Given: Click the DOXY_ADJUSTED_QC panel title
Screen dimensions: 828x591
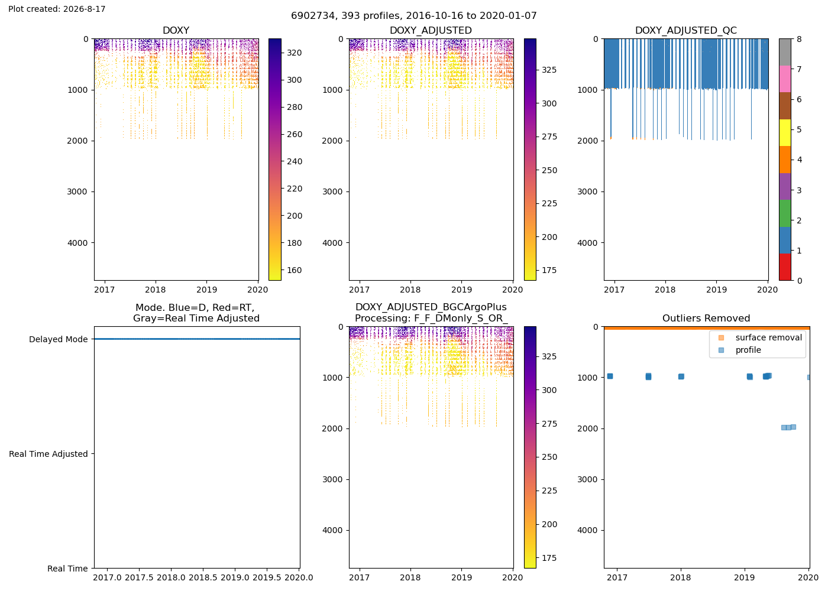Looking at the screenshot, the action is tap(685, 30).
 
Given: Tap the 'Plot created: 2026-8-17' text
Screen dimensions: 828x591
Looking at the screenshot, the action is tap(57, 9).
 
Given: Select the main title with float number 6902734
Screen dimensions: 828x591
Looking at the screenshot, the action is tap(413, 15).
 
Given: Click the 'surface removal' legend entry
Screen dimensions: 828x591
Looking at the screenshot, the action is tap(768, 337).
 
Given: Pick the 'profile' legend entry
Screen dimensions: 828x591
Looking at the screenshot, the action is tap(748, 350).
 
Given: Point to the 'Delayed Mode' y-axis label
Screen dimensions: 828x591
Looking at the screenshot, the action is tap(59, 339).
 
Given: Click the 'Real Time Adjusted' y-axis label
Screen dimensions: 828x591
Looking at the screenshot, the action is tap(48, 454).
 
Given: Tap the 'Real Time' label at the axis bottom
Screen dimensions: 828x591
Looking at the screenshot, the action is tap(67, 568).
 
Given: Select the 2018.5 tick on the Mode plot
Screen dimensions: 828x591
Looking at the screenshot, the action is tap(203, 577).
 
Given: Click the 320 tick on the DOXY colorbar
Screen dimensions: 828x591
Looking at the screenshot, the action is tap(295, 53).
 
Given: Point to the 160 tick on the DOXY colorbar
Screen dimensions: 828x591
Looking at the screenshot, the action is tap(295, 270).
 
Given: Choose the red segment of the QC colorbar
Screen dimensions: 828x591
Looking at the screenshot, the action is tap(785, 267).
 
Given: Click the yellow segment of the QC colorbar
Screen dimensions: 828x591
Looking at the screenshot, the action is tap(785, 132).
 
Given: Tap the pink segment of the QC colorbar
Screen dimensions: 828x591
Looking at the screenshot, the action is tap(785, 79).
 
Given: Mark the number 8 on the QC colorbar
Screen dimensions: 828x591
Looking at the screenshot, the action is tap(799, 39).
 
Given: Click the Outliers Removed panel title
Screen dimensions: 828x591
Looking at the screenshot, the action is tap(706, 318).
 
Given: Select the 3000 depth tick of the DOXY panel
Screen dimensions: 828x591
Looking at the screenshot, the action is tap(77, 191).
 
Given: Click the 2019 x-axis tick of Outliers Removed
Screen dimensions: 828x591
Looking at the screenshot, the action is tap(744, 577).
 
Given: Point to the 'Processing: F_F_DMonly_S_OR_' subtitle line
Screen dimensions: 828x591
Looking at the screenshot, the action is tap(431, 319).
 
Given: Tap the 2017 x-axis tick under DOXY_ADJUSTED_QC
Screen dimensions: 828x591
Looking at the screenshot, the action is tap(614, 290).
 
